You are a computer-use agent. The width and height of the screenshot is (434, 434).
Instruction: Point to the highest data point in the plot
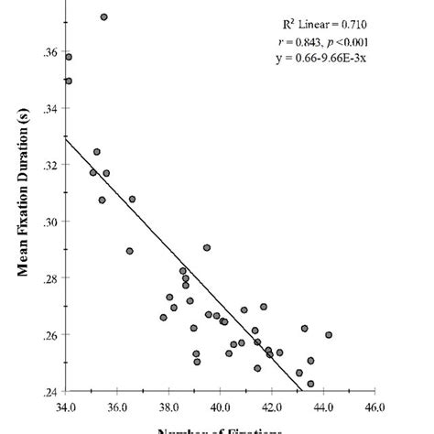point(103,16)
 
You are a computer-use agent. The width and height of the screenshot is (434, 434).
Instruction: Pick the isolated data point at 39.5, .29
point(207,247)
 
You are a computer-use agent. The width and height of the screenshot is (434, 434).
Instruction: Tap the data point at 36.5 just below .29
point(130,251)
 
